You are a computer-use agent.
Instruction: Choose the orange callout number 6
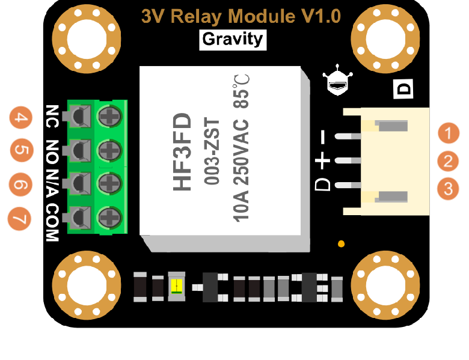click(21, 184)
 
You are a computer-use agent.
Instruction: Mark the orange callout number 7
click(21, 217)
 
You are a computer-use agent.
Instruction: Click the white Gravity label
click(233, 40)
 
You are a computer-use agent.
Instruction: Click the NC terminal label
click(52, 114)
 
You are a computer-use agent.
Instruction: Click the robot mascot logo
click(337, 83)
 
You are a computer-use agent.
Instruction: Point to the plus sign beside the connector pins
click(323, 161)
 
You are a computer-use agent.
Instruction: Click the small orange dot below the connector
click(342, 244)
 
